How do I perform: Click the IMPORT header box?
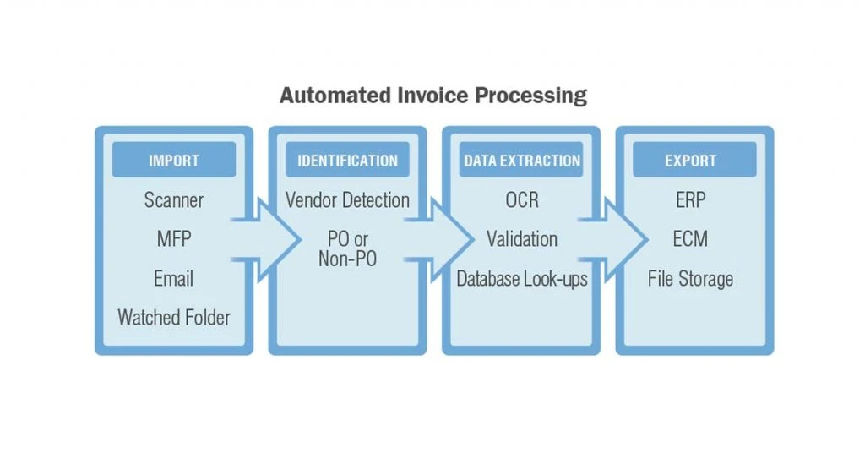click(174, 160)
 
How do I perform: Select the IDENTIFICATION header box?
click(347, 160)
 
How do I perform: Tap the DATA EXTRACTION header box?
click(521, 160)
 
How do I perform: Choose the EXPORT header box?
click(694, 160)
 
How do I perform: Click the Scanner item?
click(174, 199)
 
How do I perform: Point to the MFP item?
click(174, 239)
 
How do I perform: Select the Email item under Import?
click(174, 278)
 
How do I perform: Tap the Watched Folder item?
click(174, 317)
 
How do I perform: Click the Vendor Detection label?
click(347, 199)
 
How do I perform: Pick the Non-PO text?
click(347, 259)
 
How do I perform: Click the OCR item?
click(522, 199)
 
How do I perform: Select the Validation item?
click(522, 239)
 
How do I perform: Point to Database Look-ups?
click(522, 279)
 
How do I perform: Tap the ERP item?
click(691, 199)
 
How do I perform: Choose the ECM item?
click(691, 239)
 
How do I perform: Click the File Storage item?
click(691, 279)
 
